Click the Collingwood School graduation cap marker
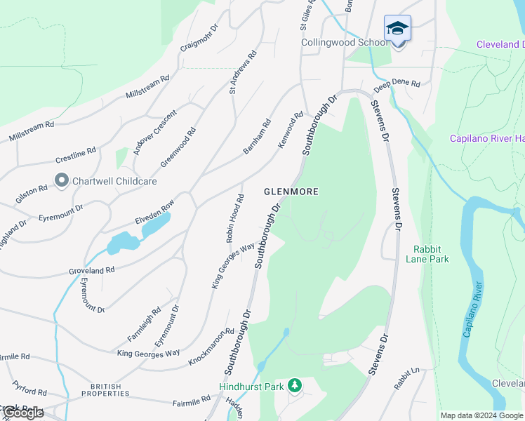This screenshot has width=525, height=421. click(397, 29)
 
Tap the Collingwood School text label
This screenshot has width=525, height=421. click(344, 43)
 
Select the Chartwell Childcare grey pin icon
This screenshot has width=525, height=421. click(61, 181)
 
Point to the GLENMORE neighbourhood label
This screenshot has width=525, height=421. click(291, 192)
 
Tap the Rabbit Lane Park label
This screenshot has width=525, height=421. click(427, 253)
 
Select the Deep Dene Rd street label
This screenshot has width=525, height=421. click(397, 83)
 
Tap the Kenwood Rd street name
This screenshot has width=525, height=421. click(290, 130)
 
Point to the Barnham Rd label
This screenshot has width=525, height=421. click(257, 138)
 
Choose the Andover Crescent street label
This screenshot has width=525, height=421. click(148, 133)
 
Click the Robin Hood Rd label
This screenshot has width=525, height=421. click(234, 219)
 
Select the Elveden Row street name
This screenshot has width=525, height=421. click(154, 213)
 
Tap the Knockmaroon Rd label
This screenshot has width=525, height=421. click(211, 347)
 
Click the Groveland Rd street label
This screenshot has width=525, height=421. click(91, 270)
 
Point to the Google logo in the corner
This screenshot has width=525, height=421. click(22, 413)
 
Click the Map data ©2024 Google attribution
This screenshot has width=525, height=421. click(481, 415)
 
